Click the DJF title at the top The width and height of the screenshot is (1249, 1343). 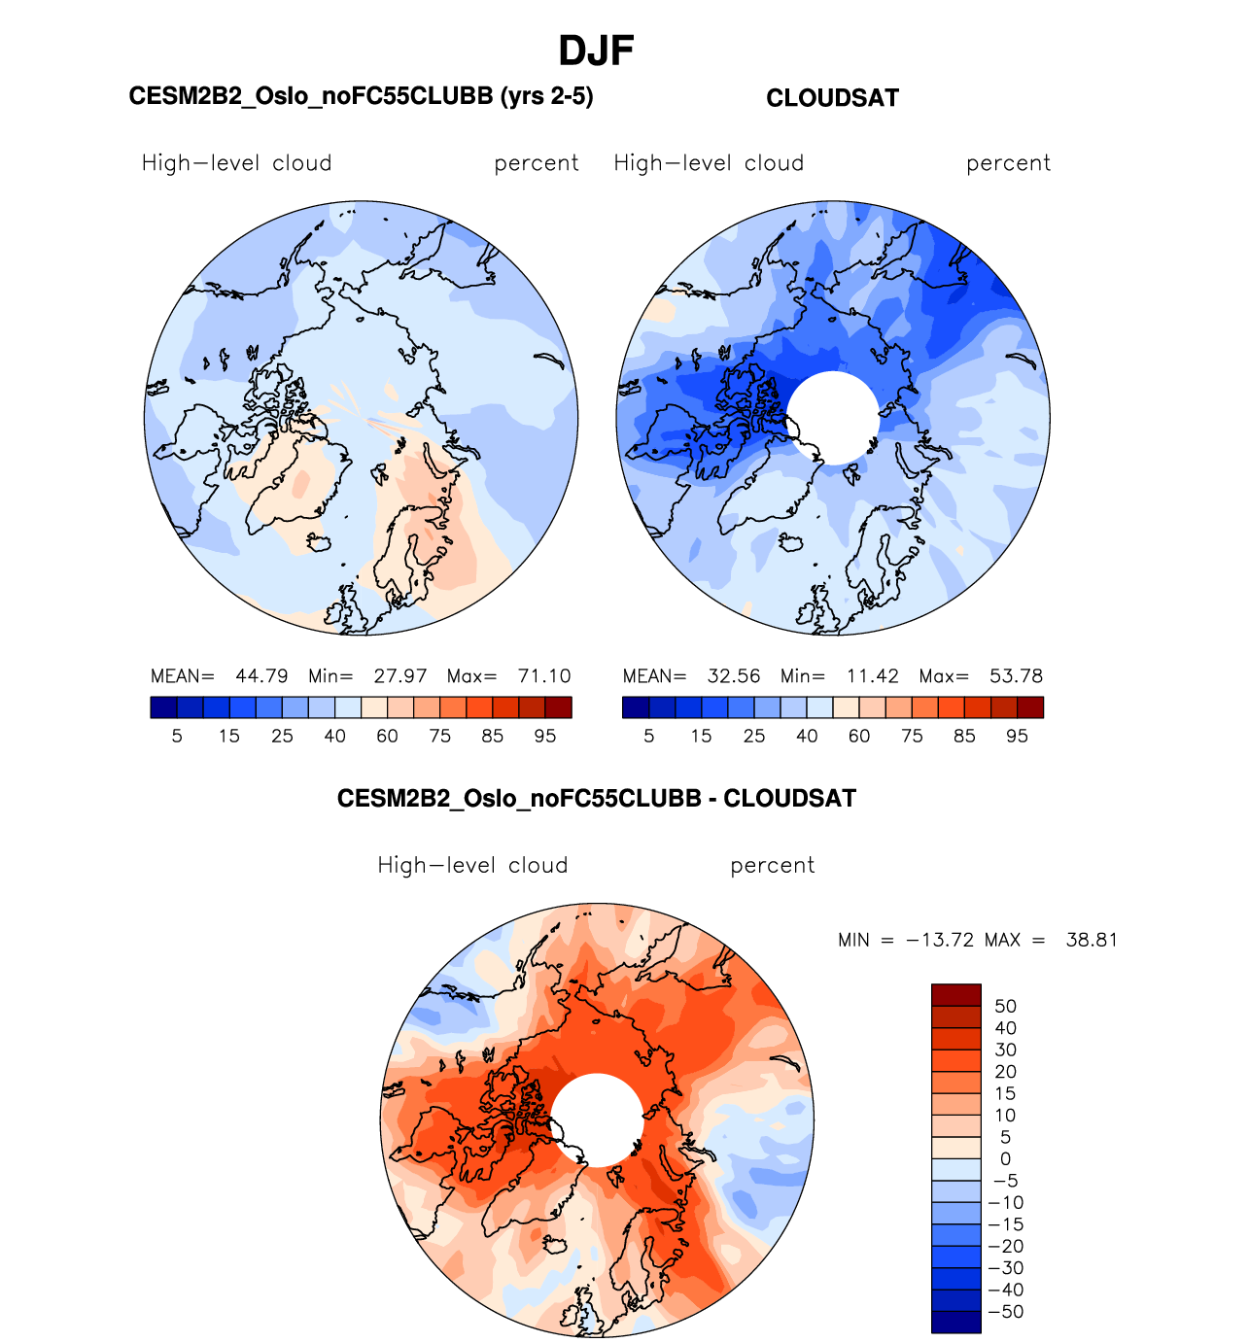point(596,52)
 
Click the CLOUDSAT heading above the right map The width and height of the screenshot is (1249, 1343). point(832,98)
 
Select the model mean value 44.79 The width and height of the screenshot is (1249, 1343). point(261,676)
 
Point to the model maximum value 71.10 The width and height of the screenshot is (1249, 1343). point(544,676)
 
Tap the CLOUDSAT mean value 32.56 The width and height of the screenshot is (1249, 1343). point(733,676)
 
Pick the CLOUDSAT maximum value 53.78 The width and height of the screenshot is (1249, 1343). point(1016,676)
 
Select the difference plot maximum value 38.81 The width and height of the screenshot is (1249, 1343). point(1092,941)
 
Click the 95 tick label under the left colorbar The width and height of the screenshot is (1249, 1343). point(545,737)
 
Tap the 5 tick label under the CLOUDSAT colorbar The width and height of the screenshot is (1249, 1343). point(649,737)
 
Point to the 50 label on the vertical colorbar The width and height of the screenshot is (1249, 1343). point(1005,1007)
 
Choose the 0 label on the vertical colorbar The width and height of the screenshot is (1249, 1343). point(1005,1159)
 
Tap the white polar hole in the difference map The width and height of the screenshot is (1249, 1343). point(597,1120)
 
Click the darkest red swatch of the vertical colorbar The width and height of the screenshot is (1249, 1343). point(955,994)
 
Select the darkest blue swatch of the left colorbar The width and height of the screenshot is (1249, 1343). point(164,707)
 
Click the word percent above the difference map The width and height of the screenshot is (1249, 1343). point(772,866)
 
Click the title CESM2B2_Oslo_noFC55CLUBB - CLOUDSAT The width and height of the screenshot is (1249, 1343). point(596,799)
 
